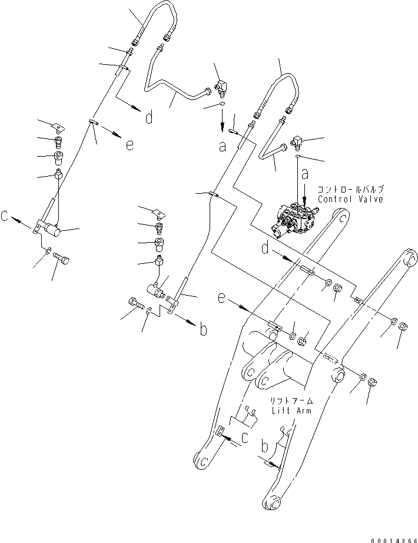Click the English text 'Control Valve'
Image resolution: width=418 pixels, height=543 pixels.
tap(350, 199)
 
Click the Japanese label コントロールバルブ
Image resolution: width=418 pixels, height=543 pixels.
tap(350, 190)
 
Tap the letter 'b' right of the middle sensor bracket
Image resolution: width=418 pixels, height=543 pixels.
tap(203, 330)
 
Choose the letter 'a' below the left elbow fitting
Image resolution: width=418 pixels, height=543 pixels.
tap(223, 147)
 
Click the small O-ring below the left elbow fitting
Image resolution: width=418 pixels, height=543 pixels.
tap(221, 104)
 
